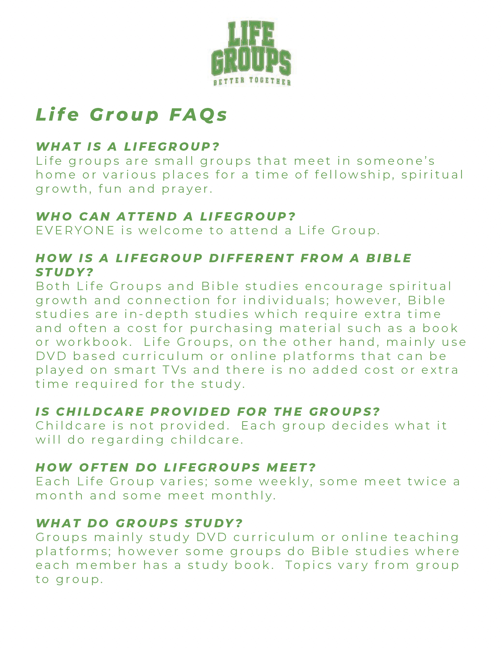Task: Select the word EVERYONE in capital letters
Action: pos(75,230)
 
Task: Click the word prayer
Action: pos(187,189)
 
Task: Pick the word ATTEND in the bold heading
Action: pos(147,217)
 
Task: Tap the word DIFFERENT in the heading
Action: pos(252,258)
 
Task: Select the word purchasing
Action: pos(231,328)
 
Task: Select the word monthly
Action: pos(243,495)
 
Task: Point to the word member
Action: pos(107,565)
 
